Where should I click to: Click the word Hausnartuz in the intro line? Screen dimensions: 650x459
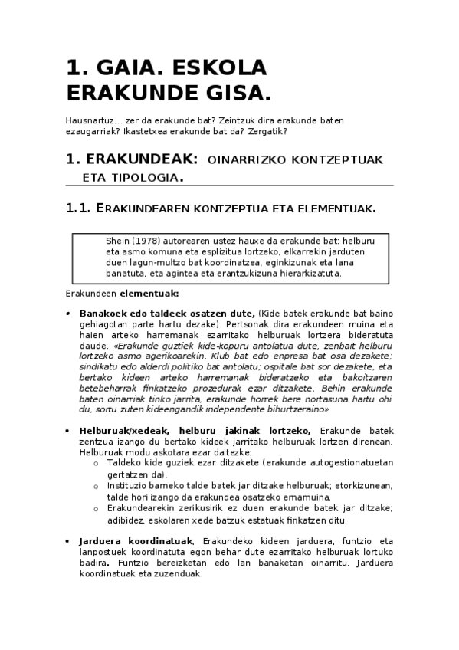coord(91,120)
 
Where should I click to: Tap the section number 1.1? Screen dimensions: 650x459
coord(79,208)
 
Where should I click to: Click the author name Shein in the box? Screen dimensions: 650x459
coord(118,241)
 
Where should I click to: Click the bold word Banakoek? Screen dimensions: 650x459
coord(103,314)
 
